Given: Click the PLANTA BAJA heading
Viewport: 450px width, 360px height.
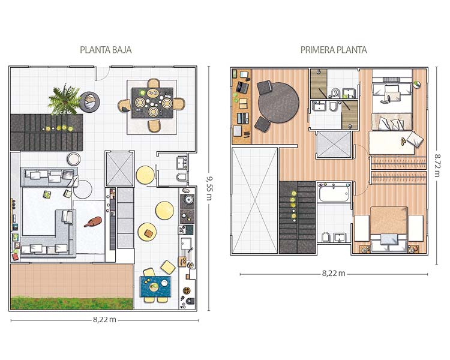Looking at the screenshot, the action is (106, 50).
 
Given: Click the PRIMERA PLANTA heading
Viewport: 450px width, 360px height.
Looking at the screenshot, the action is (334, 50).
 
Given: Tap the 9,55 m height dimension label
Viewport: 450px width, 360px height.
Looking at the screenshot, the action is (209, 188).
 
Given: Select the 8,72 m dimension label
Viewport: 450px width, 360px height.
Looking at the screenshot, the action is (437, 166).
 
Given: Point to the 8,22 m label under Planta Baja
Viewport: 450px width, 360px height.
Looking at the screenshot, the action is (104, 320).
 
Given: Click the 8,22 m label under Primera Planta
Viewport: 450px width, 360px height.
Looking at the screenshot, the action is (334, 274).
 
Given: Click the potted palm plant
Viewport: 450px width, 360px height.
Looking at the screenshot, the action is (64, 99).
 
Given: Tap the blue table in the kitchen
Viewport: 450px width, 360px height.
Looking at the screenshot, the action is (155, 287).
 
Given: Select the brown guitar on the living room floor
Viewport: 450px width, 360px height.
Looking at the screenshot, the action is (93, 221).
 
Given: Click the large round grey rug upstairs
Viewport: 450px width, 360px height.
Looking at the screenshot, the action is (278, 103).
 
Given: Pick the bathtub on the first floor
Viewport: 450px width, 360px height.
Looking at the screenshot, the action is (334, 193).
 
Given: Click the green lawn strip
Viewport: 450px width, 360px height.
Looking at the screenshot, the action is (72, 303).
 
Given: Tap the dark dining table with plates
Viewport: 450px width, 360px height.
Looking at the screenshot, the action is (152, 103).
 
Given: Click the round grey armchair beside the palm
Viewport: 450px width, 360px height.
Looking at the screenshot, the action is (89, 102).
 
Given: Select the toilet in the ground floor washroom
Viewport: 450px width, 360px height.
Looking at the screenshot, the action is (182, 176).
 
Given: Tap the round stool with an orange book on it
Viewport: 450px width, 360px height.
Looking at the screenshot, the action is (147, 232).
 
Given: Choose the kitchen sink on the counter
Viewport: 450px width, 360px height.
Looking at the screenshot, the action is (186, 244).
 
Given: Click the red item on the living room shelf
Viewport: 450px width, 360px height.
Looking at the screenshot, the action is (15, 257).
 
